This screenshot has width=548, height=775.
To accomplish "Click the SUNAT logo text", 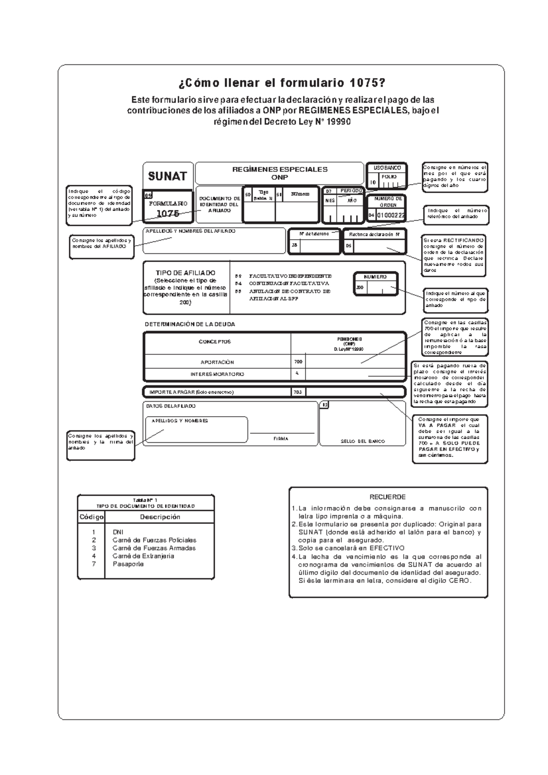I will coord(167,176).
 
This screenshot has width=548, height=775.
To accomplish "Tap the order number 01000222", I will coord(390,215).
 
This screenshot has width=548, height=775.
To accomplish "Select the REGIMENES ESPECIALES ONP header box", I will coord(279,173).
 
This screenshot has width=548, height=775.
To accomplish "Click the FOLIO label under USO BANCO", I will coord(389,177).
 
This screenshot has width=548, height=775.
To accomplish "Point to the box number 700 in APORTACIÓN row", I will coord(298,362).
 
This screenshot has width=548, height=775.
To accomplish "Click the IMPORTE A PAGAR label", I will coord(191,392).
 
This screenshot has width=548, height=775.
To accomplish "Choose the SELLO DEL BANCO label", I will coord(363,441).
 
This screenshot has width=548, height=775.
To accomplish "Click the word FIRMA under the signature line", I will coord(280,439).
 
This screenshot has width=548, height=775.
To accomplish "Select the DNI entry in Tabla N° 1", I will coord(118,532).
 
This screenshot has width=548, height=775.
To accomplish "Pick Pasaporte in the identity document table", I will coord(128,564).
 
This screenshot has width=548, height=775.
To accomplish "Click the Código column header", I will coord(92,517).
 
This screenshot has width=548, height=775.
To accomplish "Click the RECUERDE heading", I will coord(387,497).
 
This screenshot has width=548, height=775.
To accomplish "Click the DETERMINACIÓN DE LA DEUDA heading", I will coord(190,325).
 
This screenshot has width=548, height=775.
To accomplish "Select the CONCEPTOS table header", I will coord(215,342).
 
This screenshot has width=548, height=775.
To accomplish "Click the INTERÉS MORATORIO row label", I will coord(217,374).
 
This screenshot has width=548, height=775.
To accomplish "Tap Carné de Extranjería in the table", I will coord(143,556).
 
